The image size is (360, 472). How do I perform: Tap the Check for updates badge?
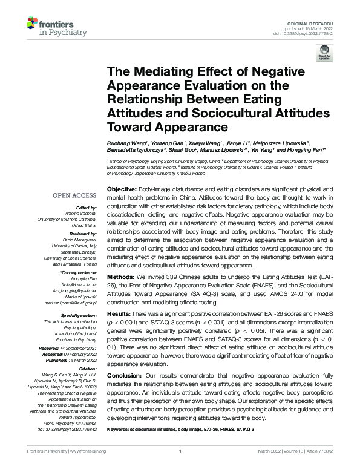[x=321, y=55]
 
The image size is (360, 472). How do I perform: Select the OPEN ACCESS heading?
[x=74, y=195]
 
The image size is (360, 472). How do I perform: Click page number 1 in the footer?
[x=180, y=468]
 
